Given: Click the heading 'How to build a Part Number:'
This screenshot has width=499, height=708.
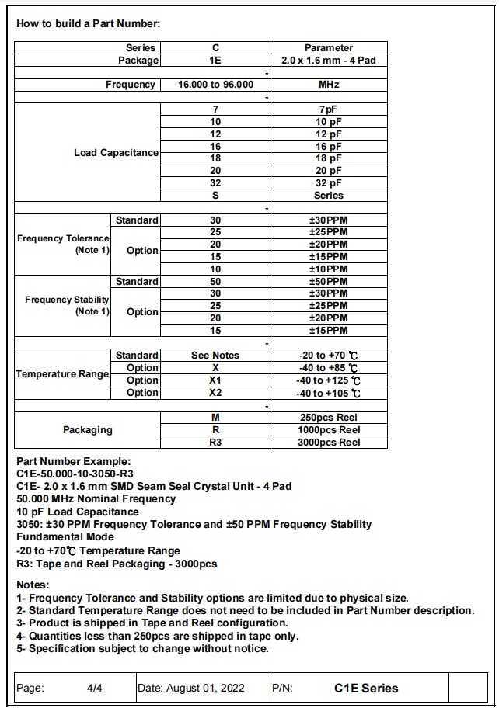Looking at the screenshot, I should [88, 23].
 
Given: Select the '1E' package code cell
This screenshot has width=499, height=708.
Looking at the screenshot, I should [215, 60].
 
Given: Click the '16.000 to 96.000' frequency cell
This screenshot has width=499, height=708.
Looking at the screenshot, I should [215, 85].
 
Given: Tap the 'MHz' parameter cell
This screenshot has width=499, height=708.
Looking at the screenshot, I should [329, 85].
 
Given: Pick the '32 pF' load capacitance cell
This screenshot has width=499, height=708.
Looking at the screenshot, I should [329, 183].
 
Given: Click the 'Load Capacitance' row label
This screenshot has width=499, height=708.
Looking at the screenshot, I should [116, 153].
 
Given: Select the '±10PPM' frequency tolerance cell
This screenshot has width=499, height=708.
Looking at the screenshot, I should [329, 269].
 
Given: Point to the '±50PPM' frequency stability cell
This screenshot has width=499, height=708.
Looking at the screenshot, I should [329, 281].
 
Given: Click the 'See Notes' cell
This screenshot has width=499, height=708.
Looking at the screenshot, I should [215, 356].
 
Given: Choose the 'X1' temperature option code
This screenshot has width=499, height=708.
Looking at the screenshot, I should [215, 380].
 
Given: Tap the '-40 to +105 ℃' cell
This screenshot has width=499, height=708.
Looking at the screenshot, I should [329, 393].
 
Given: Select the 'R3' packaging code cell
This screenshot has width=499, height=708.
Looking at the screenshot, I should [215, 442].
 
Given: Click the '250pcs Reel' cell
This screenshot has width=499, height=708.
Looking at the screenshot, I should [329, 418].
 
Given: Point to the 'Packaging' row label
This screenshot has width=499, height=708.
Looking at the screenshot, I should [88, 430].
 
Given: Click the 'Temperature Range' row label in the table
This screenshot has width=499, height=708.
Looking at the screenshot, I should [62, 374].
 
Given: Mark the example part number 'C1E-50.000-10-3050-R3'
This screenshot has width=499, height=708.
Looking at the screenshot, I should [75, 474].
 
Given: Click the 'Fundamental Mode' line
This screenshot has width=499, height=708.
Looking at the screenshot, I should [65, 536].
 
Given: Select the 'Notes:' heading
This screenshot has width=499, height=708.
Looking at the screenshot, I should [33, 585].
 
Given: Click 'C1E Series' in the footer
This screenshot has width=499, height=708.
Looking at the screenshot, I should [366, 688].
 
